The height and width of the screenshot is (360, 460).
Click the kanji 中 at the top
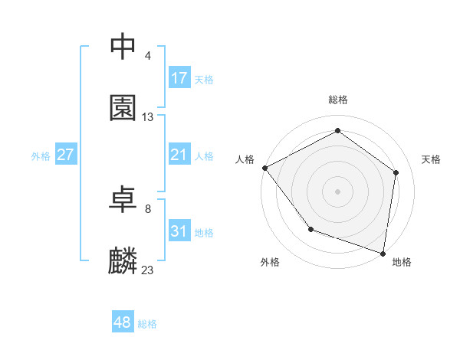123,46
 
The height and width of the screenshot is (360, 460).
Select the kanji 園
123,108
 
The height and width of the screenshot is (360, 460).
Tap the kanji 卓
123,199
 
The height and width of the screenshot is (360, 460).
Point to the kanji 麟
123,261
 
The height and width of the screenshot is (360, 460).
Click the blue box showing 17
179,78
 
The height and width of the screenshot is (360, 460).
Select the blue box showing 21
179,155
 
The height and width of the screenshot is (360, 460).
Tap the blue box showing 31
179,231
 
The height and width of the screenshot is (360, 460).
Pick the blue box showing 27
66,155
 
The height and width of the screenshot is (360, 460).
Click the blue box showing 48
123,322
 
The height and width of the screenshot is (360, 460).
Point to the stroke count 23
148,270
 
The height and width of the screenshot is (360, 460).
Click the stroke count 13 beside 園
148,117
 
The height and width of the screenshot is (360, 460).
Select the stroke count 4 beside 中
148,55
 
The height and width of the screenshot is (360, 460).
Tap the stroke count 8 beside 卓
148,208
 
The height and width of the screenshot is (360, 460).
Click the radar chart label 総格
338,100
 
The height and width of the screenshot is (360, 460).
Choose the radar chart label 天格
431,159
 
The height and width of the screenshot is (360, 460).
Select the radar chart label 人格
245,159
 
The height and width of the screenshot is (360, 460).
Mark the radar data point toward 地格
383,253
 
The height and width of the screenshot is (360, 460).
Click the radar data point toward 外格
310,229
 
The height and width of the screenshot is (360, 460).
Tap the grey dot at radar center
338,191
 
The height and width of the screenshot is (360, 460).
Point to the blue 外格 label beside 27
41,156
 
